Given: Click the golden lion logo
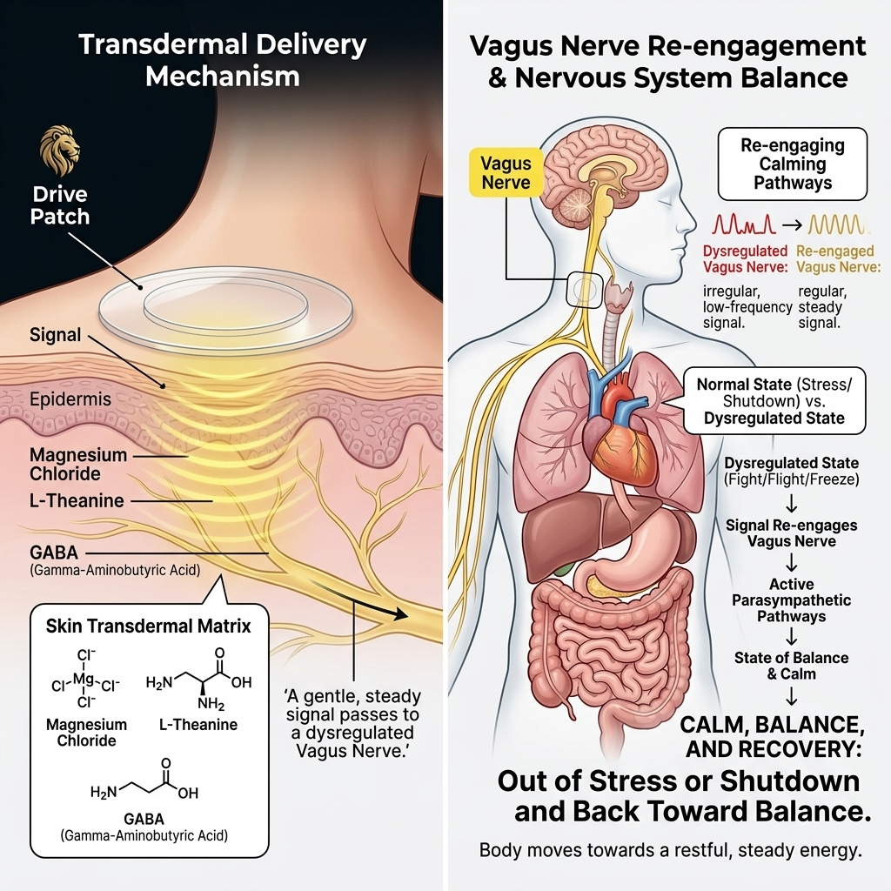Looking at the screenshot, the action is pyautogui.click(x=60, y=150).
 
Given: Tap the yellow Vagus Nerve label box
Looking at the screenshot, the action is pyautogui.click(x=506, y=173).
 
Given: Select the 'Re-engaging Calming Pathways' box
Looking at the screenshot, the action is pyautogui.click(x=792, y=164).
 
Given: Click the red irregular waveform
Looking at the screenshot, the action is pyautogui.click(x=744, y=224).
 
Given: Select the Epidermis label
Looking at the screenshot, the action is pyautogui.click(x=70, y=399).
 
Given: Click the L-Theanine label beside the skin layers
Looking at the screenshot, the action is pyautogui.click(x=77, y=500).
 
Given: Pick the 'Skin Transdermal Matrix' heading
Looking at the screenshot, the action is pyautogui.click(x=148, y=626).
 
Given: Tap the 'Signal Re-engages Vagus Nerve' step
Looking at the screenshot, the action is pyautogui.click(x=792, y=533).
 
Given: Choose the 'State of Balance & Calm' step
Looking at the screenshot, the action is pyautogui.click(x=792, y=666).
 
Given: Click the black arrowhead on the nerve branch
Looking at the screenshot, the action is pyautogui.click(x=400, y=613).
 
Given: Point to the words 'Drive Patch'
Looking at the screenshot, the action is pyautogui.click(x=60, y=205).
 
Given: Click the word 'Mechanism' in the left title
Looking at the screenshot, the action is pyautogui.click(x=222, y=76).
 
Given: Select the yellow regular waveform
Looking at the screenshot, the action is pyautogui.click(x=838, y=225).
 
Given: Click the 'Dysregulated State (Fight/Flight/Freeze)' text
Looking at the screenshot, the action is pyautogui.click(x=792, y=471).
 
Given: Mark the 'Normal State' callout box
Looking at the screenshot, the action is pyautogui.click(x=774, y=401).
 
